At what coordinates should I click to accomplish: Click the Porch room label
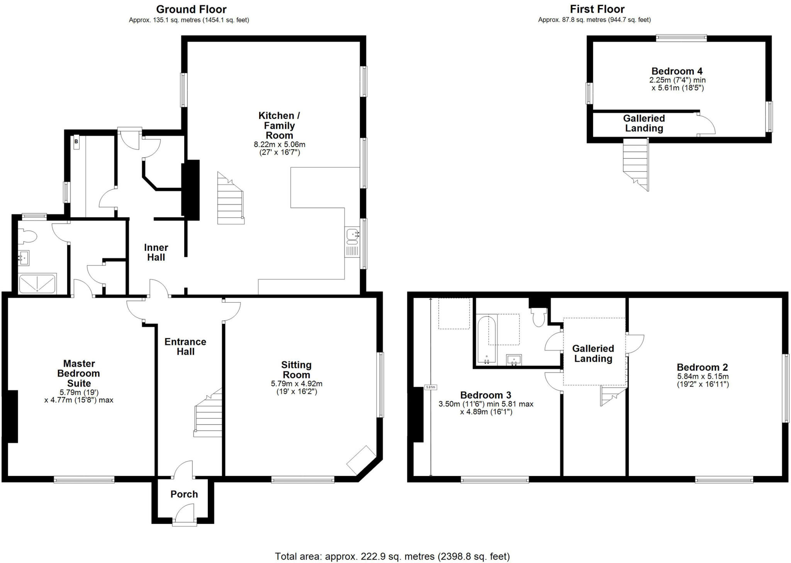(x=184, y=494)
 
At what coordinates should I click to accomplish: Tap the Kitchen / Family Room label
(x=279, y=125)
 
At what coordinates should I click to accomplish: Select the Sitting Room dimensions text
(x=296, y=388)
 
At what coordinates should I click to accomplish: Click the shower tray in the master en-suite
(x=37, y=283)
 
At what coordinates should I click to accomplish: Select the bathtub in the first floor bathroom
(x=486, y=340)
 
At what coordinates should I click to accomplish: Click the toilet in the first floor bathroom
(x=538, y=317)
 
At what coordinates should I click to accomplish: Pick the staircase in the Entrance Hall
(x=209, y=415)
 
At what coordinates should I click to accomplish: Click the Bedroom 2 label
(x=702, y=367)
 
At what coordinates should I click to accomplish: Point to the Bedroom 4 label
(x=677, y=71)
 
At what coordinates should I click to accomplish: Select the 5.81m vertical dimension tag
(x=430, y=387)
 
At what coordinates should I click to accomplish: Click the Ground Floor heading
(x=191, y=9)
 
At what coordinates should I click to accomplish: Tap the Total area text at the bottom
(x=392, y=556)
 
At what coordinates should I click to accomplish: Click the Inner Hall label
(x=156, y=252)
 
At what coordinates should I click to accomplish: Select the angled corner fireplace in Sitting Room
(x=361, y=460)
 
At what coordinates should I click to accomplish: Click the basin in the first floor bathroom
(x=514, y=360)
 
